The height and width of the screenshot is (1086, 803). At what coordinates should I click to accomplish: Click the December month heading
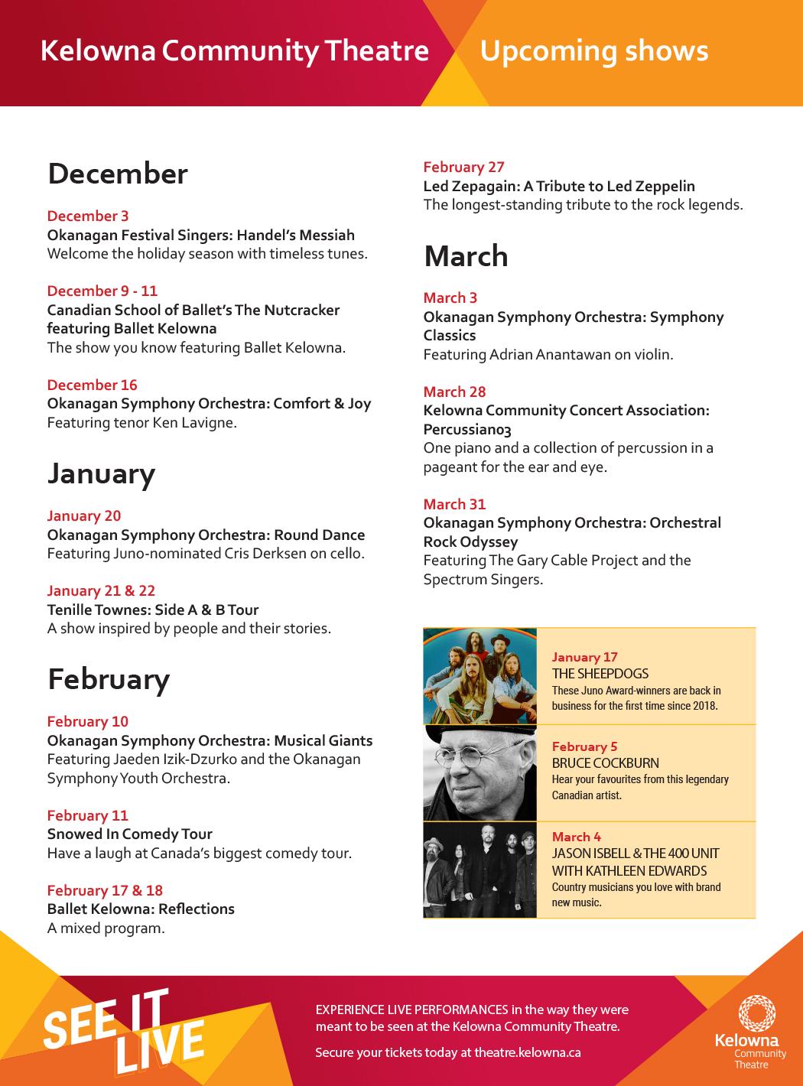[117, 174]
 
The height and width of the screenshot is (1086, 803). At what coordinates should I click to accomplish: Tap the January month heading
[101, 474]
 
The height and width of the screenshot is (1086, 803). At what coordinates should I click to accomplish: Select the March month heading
[466, 256]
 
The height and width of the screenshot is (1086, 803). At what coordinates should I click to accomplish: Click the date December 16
[92, 385]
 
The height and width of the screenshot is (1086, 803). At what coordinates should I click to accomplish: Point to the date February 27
[463, 167]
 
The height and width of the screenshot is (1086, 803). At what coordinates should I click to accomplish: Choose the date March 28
[454, 392]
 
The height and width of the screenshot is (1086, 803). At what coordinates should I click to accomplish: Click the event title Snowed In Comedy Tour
[129, 834]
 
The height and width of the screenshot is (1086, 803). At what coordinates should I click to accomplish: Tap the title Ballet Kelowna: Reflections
[141, 909]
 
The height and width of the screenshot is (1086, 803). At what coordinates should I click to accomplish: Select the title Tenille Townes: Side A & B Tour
[153, 610]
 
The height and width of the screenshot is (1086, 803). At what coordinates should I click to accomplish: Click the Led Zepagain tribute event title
[559, 186]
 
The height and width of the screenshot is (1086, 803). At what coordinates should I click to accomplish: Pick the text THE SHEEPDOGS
[600, 674]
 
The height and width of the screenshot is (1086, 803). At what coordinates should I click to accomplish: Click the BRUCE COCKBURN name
[605, 763]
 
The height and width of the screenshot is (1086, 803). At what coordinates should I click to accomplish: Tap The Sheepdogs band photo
[480, 676]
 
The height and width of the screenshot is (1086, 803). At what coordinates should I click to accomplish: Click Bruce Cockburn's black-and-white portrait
[480, 773]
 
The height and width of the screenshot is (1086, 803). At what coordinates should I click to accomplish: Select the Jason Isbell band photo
[480, 870]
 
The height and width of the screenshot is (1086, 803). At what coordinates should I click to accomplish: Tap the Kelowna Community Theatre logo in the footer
[749, 1032]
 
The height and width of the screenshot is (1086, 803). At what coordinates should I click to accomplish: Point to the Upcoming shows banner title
[593, 50]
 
